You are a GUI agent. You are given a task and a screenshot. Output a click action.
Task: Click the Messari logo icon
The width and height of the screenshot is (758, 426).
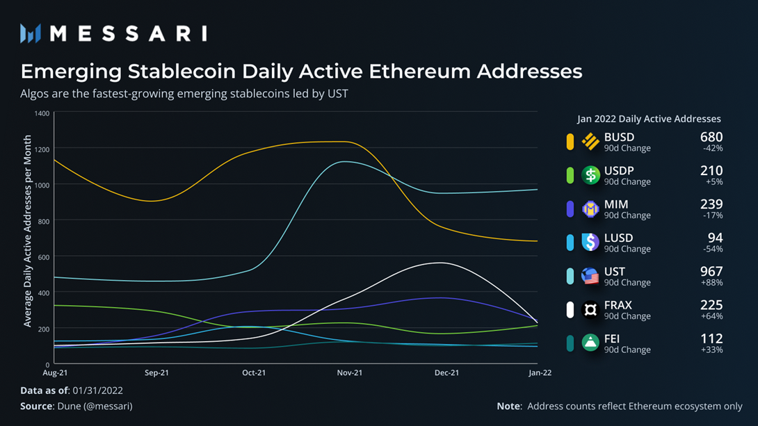31,33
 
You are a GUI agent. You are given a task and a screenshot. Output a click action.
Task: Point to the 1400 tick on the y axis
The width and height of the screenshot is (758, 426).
41,113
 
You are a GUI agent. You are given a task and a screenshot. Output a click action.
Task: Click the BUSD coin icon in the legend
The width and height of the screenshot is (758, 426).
590,141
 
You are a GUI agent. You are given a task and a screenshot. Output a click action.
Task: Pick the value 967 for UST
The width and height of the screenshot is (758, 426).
711,271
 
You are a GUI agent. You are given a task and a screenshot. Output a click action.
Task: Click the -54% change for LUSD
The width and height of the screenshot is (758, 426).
713,249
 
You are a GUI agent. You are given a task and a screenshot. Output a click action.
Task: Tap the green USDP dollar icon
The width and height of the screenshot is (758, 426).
590,174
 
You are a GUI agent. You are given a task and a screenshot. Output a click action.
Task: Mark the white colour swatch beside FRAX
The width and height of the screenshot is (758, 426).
570,310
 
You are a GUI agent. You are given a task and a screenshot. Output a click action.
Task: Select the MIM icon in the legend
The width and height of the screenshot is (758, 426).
590,208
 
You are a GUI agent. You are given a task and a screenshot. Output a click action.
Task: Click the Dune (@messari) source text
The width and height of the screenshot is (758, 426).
93,406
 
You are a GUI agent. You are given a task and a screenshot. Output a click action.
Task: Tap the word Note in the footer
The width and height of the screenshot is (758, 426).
510,406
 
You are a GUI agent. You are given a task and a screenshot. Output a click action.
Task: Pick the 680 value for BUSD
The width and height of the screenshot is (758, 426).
711,137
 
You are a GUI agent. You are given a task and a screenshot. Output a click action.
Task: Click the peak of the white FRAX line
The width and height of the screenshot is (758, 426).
440,263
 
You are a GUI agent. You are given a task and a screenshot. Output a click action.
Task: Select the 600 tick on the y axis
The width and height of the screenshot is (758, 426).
43,257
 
